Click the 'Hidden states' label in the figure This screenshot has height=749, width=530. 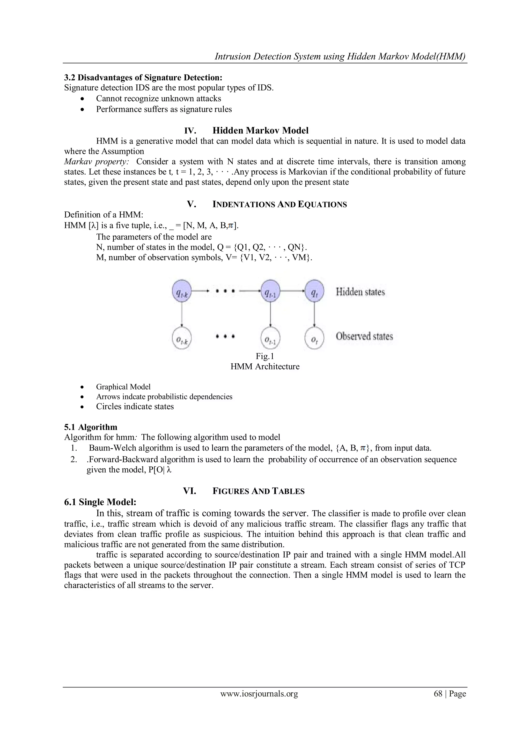point(360,292)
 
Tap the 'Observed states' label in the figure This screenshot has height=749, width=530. point(364,336)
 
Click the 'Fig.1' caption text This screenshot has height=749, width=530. point(265,356)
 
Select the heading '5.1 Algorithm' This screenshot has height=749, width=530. point(90,427)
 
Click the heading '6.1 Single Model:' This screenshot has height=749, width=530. point(100,502)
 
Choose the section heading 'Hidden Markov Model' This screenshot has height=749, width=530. point(260,131)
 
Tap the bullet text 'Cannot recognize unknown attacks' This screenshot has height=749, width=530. point(158,99)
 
